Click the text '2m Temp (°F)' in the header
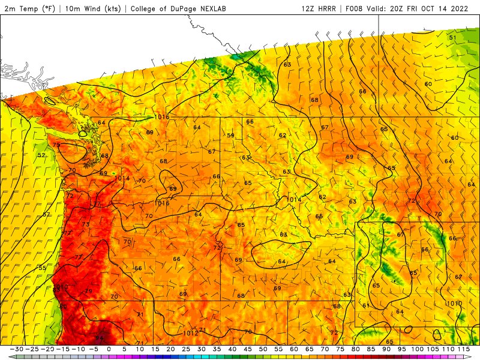click(28, 9)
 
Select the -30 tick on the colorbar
click(19, 349)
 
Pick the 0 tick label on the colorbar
click(109, 349)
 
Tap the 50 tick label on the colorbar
click(263, 349)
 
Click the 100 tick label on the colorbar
click(417, 349)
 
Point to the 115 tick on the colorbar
click(463, 349)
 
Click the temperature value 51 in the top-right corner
click(452, 38)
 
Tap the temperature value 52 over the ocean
click(41, 155)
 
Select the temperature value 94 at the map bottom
click(100, 338)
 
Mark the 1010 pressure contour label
click(454, 304)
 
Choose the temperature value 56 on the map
click(362, 92)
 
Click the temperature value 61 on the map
click(365, 305)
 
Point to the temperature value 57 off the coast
click(47, 214)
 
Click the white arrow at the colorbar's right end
click(475, 356)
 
